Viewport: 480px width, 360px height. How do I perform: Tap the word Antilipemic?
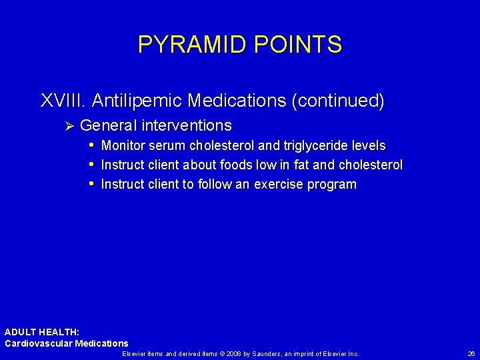137,101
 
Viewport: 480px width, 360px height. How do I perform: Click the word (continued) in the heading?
338,101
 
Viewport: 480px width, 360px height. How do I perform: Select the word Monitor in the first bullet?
123,145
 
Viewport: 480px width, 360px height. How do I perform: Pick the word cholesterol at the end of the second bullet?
371,165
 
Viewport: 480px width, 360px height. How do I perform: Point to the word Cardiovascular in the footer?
36,343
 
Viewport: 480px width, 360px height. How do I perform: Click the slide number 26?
471,353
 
